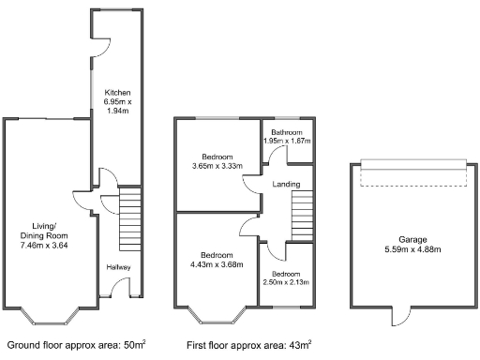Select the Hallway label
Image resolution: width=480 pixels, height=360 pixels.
[x=118, y=268]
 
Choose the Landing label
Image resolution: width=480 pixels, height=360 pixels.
[x=286, y=184]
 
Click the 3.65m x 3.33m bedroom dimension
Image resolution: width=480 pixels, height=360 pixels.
[x=216, y=166]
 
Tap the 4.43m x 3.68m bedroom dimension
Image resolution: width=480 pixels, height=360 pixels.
[x=217, y=263]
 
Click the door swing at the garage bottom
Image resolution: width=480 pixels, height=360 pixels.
[x=400, y=316]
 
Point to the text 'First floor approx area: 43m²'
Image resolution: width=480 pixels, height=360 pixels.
[x=248, y=345]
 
